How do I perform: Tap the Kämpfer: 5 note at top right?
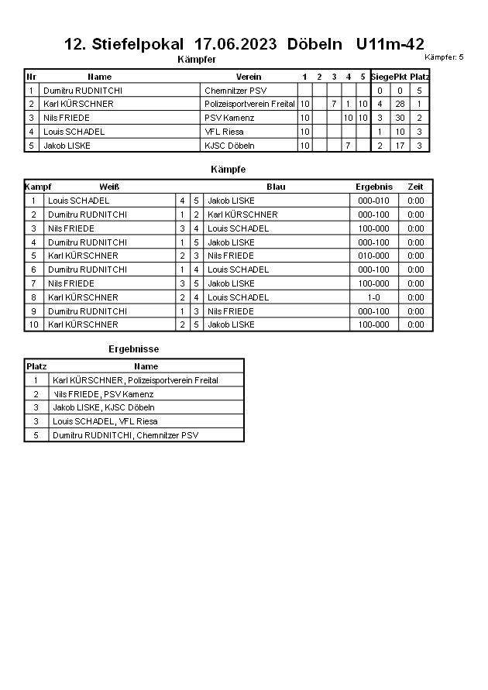tap(445, 57)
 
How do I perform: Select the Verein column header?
tap(249, 77)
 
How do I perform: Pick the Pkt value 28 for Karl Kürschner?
tap(400, 104)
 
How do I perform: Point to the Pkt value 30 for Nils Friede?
tap(400, 118)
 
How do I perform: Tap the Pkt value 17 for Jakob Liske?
tap(400, 146)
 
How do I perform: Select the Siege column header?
tap(382, 77)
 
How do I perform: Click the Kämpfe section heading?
tap(228, 169)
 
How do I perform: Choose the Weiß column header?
tap(109, 187)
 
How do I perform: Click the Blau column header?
tap(276, 187)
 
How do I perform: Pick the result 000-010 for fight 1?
tap(374, 201)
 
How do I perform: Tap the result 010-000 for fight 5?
tap(374, 256)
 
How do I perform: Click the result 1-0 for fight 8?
tap(374, 297)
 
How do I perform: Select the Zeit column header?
tap(415, 187)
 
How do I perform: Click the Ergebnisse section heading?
tap(133, 349)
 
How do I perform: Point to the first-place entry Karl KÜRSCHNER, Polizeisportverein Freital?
tap(136, 380)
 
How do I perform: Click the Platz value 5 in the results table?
tap(36, 435)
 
